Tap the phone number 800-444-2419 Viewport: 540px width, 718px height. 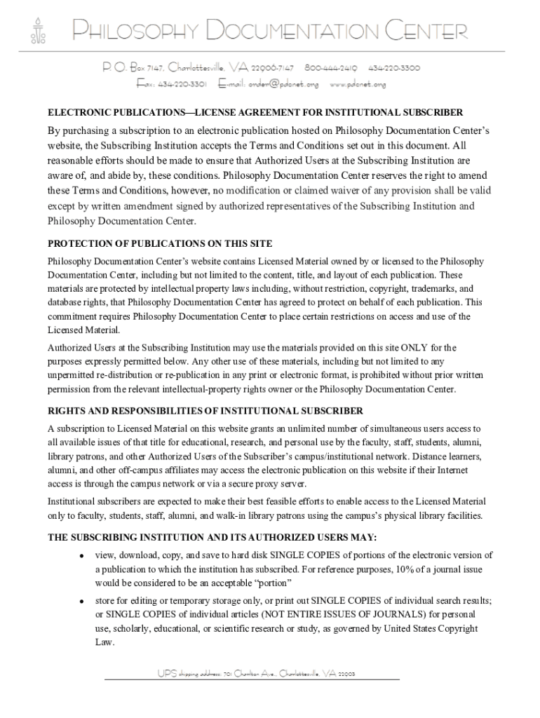pos(330,68)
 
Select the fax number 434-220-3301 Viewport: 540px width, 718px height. pos(182,84)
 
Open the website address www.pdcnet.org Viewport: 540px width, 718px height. pos(358,84)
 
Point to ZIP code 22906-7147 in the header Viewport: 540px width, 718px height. pos(272,68)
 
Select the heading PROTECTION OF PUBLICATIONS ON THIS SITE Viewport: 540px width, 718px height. pos(159,244)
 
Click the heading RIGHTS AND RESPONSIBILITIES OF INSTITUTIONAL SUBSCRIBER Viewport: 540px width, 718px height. pos(205,410)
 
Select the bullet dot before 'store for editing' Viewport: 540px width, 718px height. pos(82,602)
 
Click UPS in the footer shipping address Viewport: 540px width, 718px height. pos(167,674)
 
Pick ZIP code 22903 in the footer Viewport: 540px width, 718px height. pos(346,674)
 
